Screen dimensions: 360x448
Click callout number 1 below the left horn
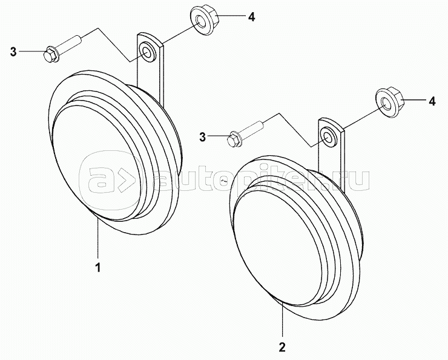pos(97,266)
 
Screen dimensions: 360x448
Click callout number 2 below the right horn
pos(282,347)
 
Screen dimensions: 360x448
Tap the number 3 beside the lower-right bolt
pos(202,137)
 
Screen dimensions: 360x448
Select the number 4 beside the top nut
pos(251,17)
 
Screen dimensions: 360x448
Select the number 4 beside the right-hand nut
pos(432,101)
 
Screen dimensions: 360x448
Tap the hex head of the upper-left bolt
pos(50,54)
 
